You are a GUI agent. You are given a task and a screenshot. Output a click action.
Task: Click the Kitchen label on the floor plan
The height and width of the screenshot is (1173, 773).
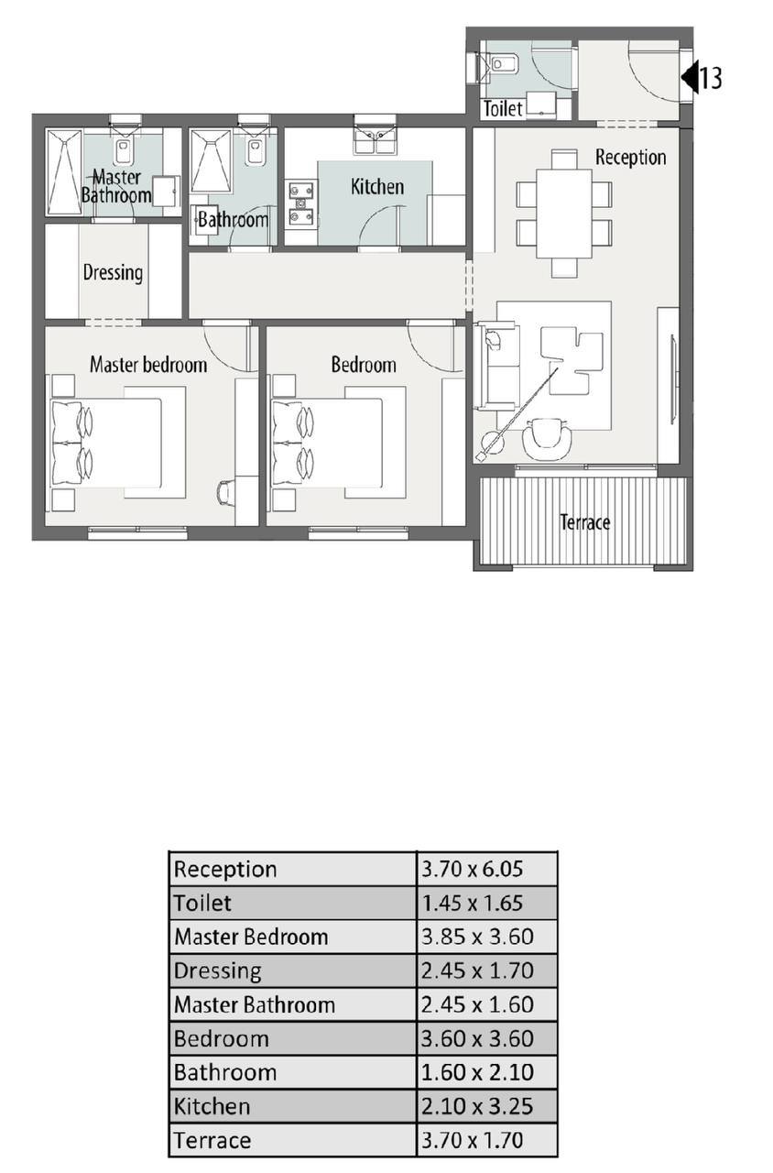click(376, 186)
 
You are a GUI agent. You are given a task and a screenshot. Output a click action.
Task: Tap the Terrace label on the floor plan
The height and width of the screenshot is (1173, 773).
click(584, 522)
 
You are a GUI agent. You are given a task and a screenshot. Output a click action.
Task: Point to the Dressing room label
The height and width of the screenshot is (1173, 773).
click(113, 273)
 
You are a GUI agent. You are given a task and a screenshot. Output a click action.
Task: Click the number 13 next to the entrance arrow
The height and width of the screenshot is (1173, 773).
click(711, 78)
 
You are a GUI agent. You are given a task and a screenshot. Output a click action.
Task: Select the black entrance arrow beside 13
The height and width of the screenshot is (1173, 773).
click(690, 77)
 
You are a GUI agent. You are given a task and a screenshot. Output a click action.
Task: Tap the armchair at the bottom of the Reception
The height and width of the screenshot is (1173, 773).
click(548, 439)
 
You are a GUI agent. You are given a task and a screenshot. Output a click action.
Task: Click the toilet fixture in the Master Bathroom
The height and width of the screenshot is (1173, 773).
click(124, 149)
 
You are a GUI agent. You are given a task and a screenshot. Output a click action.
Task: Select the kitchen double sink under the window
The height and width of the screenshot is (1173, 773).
click(375, 141)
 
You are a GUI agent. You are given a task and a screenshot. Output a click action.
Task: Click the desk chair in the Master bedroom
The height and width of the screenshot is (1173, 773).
click(225, 493)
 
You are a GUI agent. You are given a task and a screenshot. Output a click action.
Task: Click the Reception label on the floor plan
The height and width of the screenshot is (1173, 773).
click(631, 157)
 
